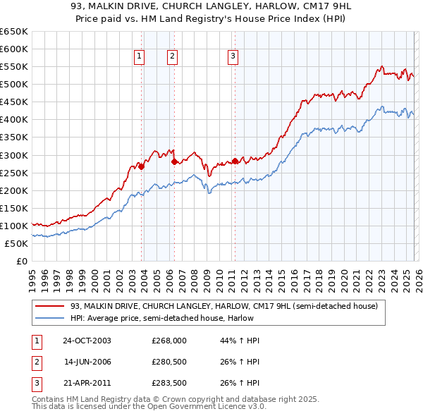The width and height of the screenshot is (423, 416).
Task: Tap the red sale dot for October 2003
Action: click(x=142, y=166)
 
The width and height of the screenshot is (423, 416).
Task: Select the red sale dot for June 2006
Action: click(x=174, y=161)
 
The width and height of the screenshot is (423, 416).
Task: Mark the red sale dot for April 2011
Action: click(x=235, y=161)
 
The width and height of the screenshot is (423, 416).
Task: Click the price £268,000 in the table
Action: click(x=169, y=341)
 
